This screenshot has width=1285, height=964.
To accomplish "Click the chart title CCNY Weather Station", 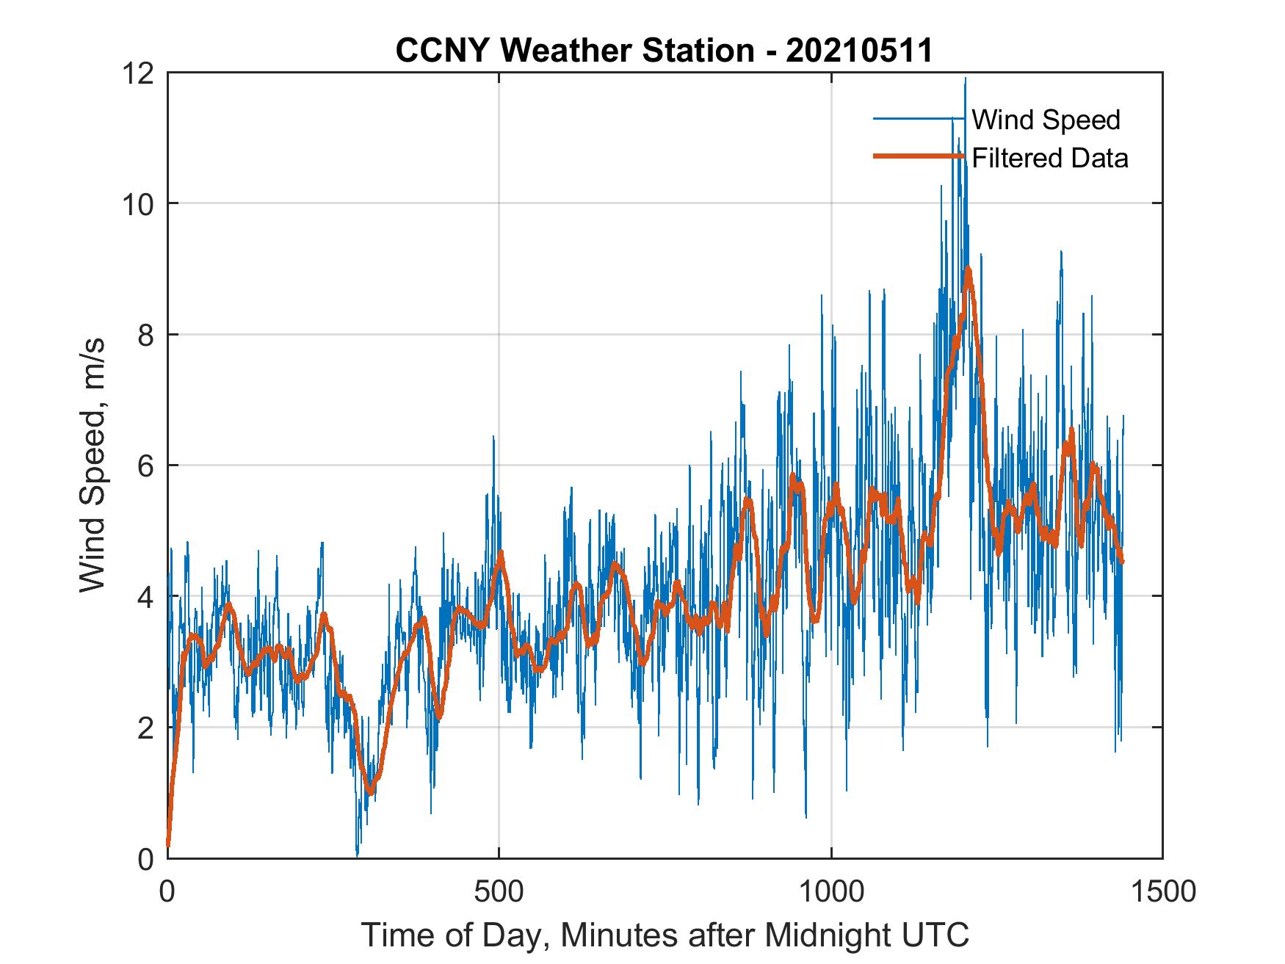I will click(x=574, y=51).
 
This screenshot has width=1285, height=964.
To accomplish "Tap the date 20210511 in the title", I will click(x=858, y=51).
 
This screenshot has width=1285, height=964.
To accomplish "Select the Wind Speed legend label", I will click(x=1046, y=120).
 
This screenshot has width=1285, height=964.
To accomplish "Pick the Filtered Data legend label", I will click(x=1050, y=158).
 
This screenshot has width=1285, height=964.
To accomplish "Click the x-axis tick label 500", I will click(x=499, y=891).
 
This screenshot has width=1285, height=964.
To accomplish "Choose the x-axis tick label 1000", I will click(x=831, y=891).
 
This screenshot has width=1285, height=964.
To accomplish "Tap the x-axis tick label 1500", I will click(x=1162, y=891).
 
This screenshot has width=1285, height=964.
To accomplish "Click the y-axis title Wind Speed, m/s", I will click(x=93, y=465).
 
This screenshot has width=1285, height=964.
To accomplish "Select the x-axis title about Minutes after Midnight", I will click(x=665, y=935).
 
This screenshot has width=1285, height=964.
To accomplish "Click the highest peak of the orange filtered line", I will click(x=968, y=271).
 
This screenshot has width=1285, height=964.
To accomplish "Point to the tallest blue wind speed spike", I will click(x=965, y=79).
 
